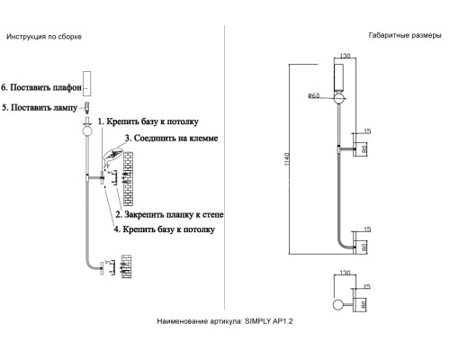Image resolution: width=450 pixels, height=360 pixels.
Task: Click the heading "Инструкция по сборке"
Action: click(x=44, y=37)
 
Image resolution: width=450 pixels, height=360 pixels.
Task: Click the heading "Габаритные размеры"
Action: click(x=405, y=35)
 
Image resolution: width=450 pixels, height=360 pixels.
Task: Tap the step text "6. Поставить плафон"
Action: click(x=41, y=87)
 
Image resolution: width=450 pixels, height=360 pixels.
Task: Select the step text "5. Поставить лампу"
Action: click(x=40, y=107)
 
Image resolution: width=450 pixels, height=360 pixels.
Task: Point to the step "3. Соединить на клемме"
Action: click(x=171, y=139)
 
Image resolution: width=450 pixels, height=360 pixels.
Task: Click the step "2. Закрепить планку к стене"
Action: click(x=169, y=214)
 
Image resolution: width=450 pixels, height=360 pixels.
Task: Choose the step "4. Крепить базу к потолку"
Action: click(x=164, y=229)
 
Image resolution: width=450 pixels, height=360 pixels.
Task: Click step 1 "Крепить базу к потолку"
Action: click(x=148, y=121)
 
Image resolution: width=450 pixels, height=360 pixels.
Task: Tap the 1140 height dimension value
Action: click(x=287, y=158)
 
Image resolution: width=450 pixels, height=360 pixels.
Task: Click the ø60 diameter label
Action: click(x=314, y=95)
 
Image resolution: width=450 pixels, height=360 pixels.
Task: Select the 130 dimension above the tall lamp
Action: click(x=345, y=56)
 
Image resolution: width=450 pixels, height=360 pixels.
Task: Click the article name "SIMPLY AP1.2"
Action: click(x=268, y=321)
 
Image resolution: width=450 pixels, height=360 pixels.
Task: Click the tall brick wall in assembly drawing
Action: click(x=128, y=179)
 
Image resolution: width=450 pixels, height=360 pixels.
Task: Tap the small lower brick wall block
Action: click(x=126, y=266)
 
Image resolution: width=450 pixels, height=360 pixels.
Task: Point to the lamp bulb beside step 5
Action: click(x=87, y=108)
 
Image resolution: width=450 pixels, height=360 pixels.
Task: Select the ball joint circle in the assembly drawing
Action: click(x=87, y=131)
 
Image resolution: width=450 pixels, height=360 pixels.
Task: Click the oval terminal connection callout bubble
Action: click(x=113, y=154)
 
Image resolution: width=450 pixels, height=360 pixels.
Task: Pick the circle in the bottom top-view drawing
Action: click(x=338, y=305)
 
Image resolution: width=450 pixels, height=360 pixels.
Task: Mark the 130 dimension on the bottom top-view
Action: click(x=345, y=273)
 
